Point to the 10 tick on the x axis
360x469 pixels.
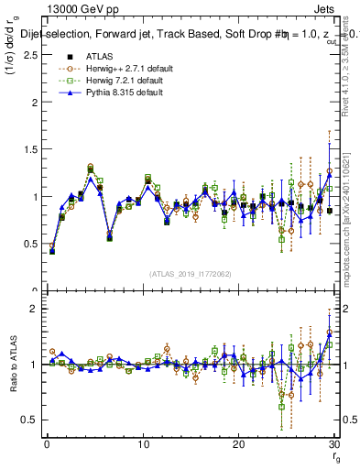coord(143,445)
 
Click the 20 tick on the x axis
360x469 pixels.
coord(238,445)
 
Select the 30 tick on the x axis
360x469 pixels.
coord(333,445)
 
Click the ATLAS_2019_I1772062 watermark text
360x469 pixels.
coord(188,273)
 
